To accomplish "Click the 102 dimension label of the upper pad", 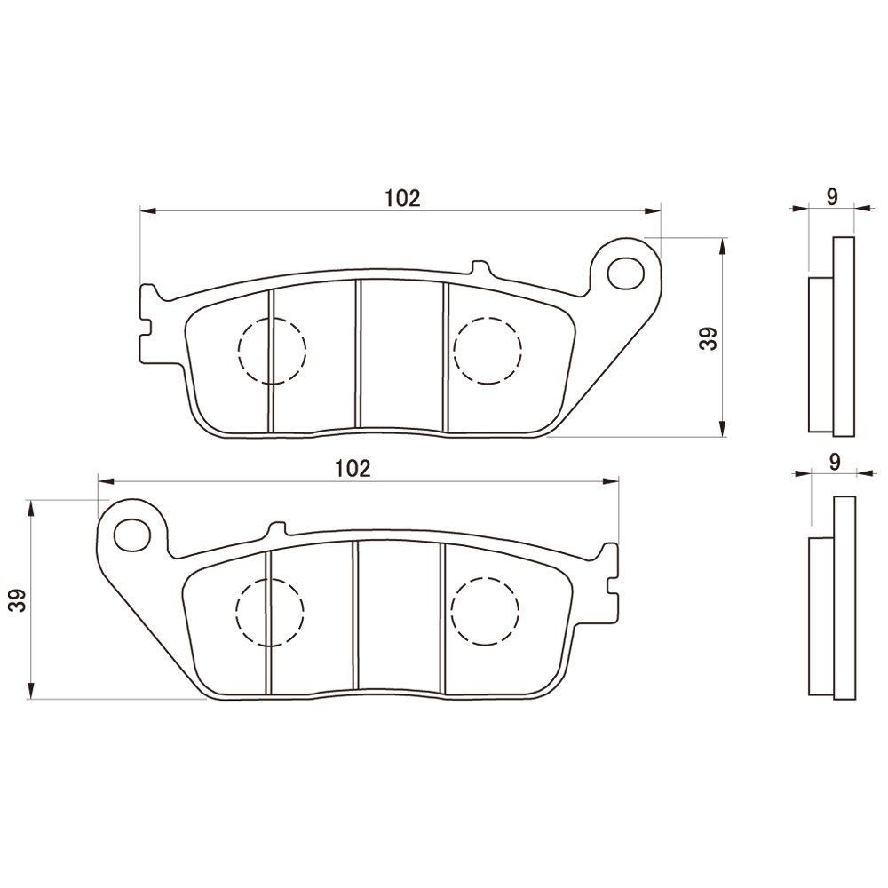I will point(401,198).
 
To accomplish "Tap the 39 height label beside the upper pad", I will point(708,338).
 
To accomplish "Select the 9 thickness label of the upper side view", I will point(831,197).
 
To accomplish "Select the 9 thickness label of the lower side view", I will point(834,463).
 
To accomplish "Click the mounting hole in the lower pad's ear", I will point(131,533).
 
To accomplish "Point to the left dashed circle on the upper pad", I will point(272,350).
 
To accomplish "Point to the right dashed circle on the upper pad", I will point(487,350).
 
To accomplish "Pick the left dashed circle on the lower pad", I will point(270,611).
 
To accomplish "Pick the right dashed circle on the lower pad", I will point(485,611).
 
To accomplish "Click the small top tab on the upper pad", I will point(480,267).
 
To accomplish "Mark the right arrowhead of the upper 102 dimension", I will point(654,210).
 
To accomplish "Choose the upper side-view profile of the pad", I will point(833,337).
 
